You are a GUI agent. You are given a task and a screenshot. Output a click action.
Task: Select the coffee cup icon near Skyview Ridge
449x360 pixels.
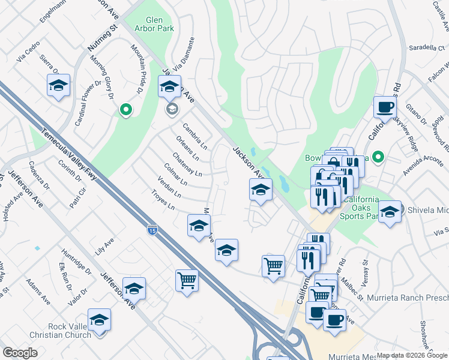[385, 107]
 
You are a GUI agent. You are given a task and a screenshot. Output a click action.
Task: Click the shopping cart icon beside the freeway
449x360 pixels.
[187, 280]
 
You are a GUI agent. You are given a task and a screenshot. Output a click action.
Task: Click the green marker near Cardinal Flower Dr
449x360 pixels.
[125, 110]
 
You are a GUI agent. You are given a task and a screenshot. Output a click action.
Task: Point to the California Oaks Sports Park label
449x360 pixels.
[360, 208]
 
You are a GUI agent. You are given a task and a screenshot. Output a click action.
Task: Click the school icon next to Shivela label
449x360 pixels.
[390, 212]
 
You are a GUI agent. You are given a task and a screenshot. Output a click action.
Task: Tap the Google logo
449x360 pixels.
[20, 353]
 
